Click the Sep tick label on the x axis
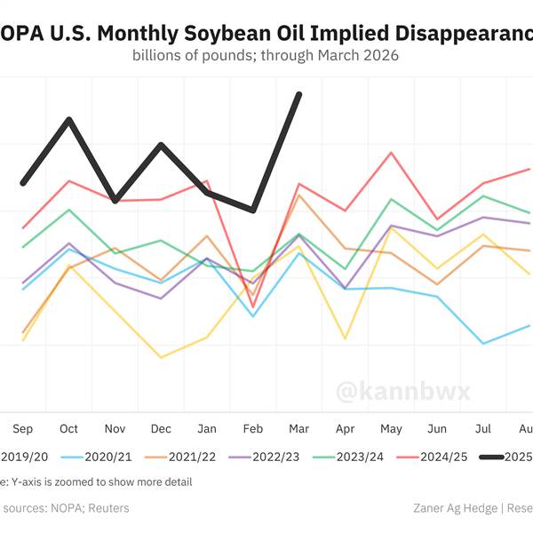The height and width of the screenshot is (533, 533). pos(23,429)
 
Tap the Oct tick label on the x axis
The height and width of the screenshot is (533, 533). pos(68,429)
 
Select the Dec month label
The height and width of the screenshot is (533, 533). pos(161,429)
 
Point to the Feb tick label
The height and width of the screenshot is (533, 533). pos(253,429)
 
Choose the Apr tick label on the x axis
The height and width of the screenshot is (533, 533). pos(346,429)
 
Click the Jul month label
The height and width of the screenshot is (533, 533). pos(484,429)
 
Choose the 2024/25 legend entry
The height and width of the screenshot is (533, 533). pos(442,457)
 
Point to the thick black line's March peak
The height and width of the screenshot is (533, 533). pos(299,94)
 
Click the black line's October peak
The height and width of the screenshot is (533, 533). pos(68,119)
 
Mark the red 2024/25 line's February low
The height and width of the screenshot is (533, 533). pos(253,306)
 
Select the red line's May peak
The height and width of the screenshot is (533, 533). pos(392,153)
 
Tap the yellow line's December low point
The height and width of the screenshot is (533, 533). pos(161,357)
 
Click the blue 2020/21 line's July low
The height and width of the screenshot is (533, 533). pos(484,343)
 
